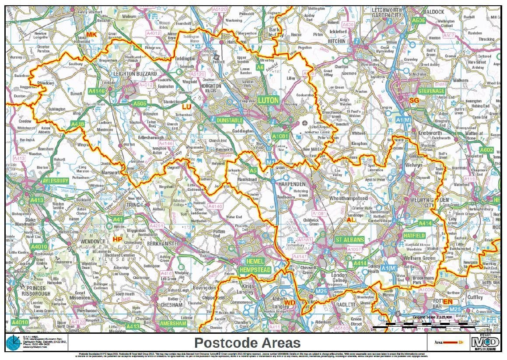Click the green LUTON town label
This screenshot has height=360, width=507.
pyautogui.click(x=268, y=100)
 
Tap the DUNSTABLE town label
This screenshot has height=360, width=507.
pyautogui.click(x=229, y=120)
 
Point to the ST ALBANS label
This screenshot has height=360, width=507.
pyautogui.click(x=350, y=240)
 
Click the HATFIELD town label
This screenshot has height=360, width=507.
pyautogui.click(x=414, y=235)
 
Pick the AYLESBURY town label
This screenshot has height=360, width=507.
pyautogui.click(x=56, y=181)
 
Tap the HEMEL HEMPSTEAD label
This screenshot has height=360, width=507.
pyautogui.click(x=255, y=266)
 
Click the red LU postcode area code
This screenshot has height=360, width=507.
pyautogui.click(x=186, y=106)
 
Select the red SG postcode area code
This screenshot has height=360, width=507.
pyautogui.click(x=414, y=101)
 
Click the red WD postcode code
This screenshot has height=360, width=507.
pyautogui.click(x=290, y=303)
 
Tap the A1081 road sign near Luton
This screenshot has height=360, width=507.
pyautogui.click(x=280, y=136)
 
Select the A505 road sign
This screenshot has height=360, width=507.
pyautogui.click(x=140, y=104)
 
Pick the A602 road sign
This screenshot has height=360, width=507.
pyautogui.click(x=486, y=150)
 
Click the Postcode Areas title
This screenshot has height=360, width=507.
pyautogui.click(x=247, y=343)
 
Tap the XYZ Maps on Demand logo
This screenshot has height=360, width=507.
pyautogui.click(x=485, y=342)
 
